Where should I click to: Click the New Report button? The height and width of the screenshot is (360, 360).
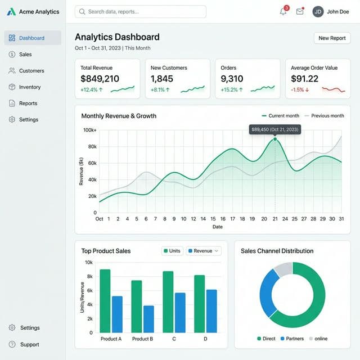(x=332, y=38)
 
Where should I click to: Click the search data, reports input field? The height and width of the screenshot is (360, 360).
(x=141, y=11)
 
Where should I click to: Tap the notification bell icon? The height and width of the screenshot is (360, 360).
(x=283, y=11)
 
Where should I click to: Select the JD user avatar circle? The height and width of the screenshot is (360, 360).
(x=318, y=11)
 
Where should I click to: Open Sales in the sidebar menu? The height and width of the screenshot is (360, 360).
(x=25, y=55)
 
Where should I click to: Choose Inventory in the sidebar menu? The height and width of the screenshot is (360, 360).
(x=30, y=87)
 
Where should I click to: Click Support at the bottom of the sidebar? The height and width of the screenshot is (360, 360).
(x=29, y=344)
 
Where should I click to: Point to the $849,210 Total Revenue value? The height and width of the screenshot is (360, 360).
(x=100, y=79)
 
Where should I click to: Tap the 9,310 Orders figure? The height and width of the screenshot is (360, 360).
(x=232, y=79)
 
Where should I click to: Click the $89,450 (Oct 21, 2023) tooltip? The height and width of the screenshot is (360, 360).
(x=275, y=129)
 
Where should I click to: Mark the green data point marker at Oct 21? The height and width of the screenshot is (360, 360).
(x=275, y=139)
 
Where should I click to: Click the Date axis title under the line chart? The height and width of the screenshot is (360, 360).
(x=217, y=227)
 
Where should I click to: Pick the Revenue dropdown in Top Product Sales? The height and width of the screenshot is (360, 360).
(x=204, y=251)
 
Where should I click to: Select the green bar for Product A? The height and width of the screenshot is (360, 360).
(x=105, y=301)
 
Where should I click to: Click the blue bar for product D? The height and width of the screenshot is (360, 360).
(x=211, y=310)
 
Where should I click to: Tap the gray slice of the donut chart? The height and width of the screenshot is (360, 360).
(x=283, y=269)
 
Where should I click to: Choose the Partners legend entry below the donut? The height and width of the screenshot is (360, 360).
(x=291, y=339)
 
